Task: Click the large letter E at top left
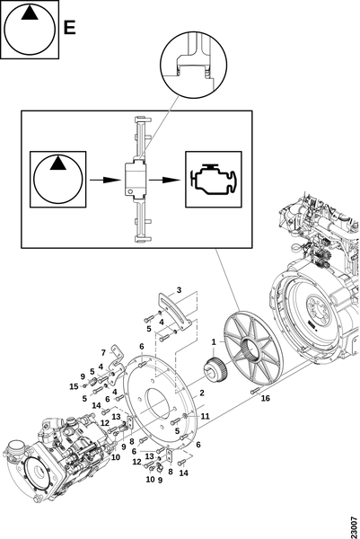click(70, 28)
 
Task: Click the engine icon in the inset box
click(214, 179)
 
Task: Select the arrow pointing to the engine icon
click(164, 180)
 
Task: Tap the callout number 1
click(214, 342)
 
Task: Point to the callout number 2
click(202, 393)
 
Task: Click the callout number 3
click(179, 290)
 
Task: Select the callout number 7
click(103, 353)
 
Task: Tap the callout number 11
click(205, 416)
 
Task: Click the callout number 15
click(74, 386)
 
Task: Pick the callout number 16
click(265, 398)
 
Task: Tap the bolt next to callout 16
click(255, 391)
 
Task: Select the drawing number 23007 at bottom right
click(354, 526)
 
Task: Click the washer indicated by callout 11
click(186, 416)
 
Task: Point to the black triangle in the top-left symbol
click(30, 13)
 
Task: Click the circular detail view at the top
click(194, 65)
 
